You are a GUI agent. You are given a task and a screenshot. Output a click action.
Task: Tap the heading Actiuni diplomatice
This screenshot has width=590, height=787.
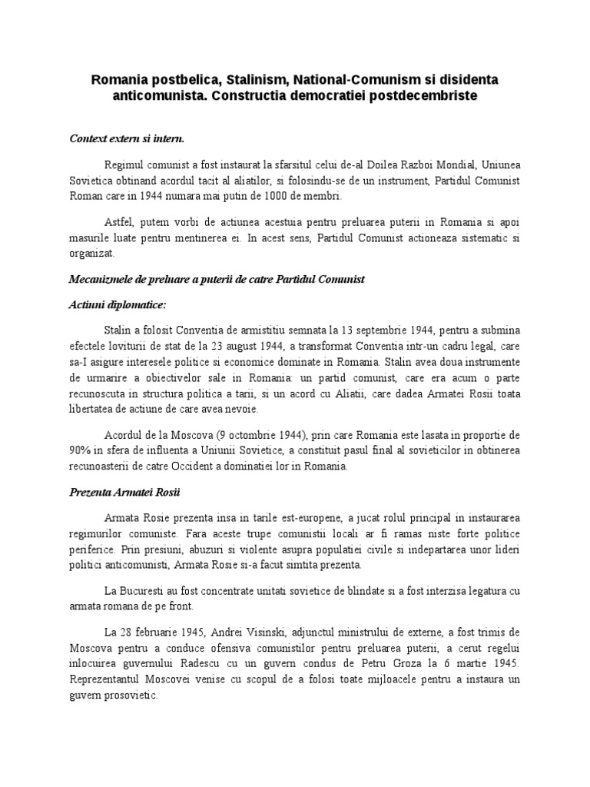(x=118, y=304)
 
